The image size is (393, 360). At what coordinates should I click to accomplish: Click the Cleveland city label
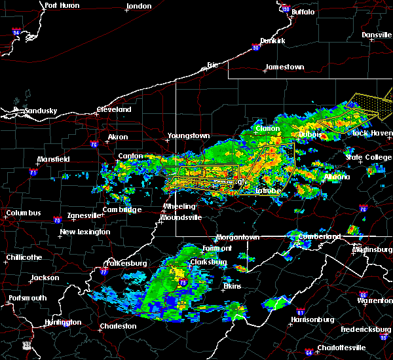[115, 109]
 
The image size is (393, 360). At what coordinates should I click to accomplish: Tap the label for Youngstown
[189, 135]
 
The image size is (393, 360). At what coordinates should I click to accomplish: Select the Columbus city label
[24, 213]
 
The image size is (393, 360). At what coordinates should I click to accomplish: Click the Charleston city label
[118, 325]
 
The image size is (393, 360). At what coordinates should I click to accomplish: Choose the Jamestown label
[285, 67]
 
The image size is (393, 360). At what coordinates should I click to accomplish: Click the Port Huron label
[63, 5]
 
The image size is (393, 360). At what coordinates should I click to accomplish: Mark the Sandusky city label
[41, 111]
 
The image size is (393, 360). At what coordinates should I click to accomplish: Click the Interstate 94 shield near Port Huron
[16, 31]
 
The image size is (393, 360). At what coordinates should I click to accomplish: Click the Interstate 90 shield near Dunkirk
[257, 46]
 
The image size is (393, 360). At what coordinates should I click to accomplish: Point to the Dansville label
[376, 34]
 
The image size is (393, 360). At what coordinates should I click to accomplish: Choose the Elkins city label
[232, 286]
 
